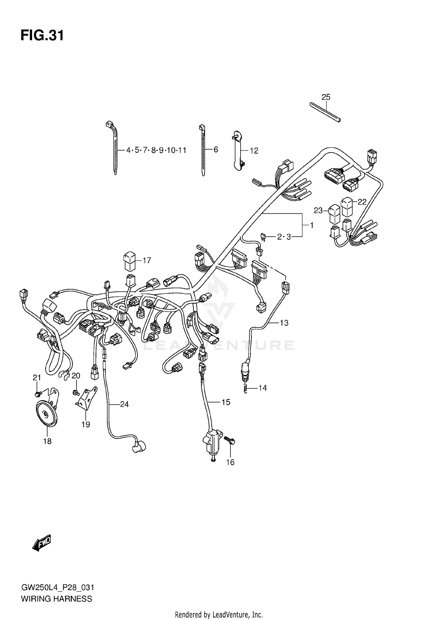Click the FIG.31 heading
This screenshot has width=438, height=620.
[x=42, y=36]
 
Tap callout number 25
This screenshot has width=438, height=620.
[x=326, y=97]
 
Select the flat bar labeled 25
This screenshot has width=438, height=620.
[x=325, y=112]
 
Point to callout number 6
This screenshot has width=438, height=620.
[x=216, y=150]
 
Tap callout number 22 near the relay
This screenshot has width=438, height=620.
[x=362, y=202]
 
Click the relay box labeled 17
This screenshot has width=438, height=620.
[x=129, y=261]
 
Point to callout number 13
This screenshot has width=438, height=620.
[x=284, y=323]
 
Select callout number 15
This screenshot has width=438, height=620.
[x=226, y=402]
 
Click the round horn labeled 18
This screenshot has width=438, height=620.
[x=47, y=414]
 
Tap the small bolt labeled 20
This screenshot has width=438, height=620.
[x=76, y=392]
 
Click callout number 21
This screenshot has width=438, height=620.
[x=36, y=378]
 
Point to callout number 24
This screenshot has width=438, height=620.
[x=124, y=404]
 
